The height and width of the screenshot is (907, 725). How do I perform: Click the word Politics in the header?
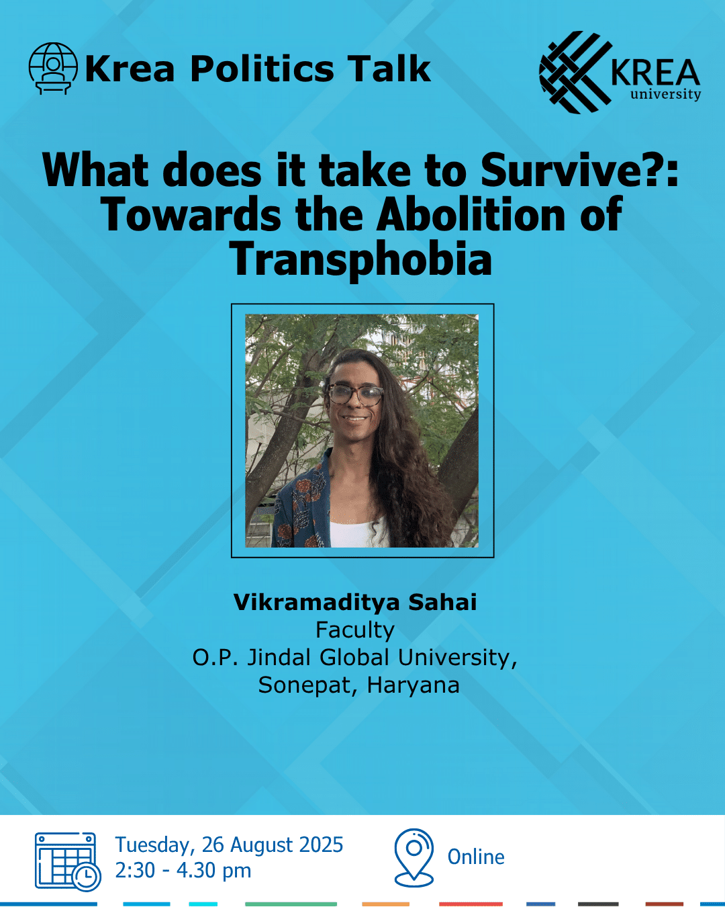pyautogui.click(x=262, y=69)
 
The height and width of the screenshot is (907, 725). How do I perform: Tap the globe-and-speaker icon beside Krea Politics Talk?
pyautogui.click(x=53, y=69)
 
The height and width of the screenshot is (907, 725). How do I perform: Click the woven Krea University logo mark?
pyautogui.click(x=575, y=72)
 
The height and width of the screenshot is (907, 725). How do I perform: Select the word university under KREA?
pyautogui.click(x=665, y=94)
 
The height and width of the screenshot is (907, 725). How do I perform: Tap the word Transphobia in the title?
pyautogui.click(x=360, y=259)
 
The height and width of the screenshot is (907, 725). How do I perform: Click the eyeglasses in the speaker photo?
pyautogui.click(x=354, y=394)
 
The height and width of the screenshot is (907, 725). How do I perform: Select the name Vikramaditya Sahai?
pyautogui.click(x=355, y=602)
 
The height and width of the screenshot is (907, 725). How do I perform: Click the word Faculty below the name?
pyautogui.click(x=355, y=630)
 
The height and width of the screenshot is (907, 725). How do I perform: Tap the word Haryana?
pyautogui.click(x=413, y=685)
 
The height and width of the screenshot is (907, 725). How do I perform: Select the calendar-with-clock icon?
pyautogui.click(x=67, y=861)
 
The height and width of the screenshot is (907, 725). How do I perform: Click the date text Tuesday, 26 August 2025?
pyautogui.click(x=229, y=845)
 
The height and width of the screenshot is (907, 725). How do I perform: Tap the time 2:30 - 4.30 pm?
pyautogui.click(x=183, y=871)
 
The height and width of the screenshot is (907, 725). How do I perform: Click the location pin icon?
pyautogui.click(x=414, y=857)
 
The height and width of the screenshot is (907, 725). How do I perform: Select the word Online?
pyautogui.click(x=476, y=857)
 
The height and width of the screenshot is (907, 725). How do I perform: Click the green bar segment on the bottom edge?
pyautogui.click(x=291, y=904)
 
